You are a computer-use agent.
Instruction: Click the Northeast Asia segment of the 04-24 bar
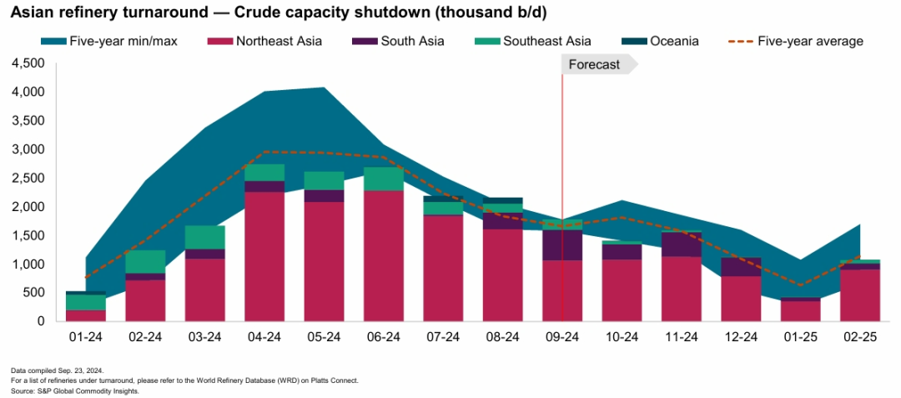264,256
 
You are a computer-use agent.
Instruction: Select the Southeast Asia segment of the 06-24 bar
384,179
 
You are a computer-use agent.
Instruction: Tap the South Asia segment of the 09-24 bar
562,245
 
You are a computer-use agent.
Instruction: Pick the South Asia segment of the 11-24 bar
682,244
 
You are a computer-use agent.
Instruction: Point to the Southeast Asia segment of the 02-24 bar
145,261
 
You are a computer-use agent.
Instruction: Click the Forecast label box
595,64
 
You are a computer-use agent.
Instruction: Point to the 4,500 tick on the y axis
28,63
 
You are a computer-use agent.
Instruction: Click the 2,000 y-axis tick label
28,207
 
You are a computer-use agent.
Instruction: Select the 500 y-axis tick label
33,293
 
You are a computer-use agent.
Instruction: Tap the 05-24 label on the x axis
324,337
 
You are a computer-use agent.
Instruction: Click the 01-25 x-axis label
800,337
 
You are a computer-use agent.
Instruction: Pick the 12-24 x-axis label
741,337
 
